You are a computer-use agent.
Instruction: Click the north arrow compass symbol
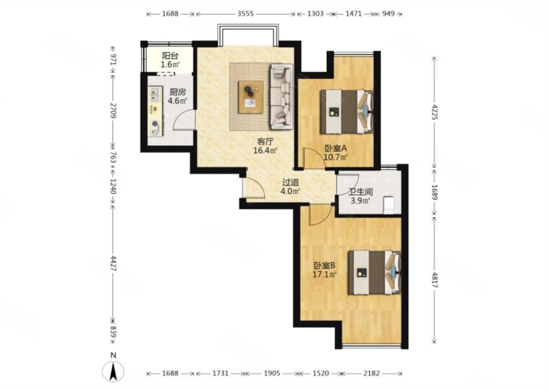tap(113, 371)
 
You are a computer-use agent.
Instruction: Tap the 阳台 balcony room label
tap(170, 56)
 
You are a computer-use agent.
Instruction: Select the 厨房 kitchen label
tap(177, 93)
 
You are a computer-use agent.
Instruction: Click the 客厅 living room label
tap(265, 142)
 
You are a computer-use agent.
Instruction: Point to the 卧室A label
tap(335, 149)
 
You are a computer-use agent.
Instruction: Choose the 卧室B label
tap(325, 265)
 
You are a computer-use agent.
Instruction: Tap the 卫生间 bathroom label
tap(361, 192)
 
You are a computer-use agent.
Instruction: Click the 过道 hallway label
tap(290, 182)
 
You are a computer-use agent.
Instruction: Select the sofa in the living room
tap(281, 97)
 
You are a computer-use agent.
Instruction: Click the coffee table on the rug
tap(250, 97)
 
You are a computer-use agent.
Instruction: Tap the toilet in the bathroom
tap(389, 205)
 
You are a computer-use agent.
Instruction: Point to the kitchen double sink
tap(154, 94)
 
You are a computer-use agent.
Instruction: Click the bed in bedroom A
tap(347, 112)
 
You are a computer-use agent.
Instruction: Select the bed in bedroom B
tap(374, 273)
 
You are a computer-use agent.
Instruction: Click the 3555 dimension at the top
tap(246, 14)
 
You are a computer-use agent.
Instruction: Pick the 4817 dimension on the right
tap(434, 280)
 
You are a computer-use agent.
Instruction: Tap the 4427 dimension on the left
tap(113, 264)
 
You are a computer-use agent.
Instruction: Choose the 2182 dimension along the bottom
tap(371, 374)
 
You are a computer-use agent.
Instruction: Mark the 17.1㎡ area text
tap(325, 274)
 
